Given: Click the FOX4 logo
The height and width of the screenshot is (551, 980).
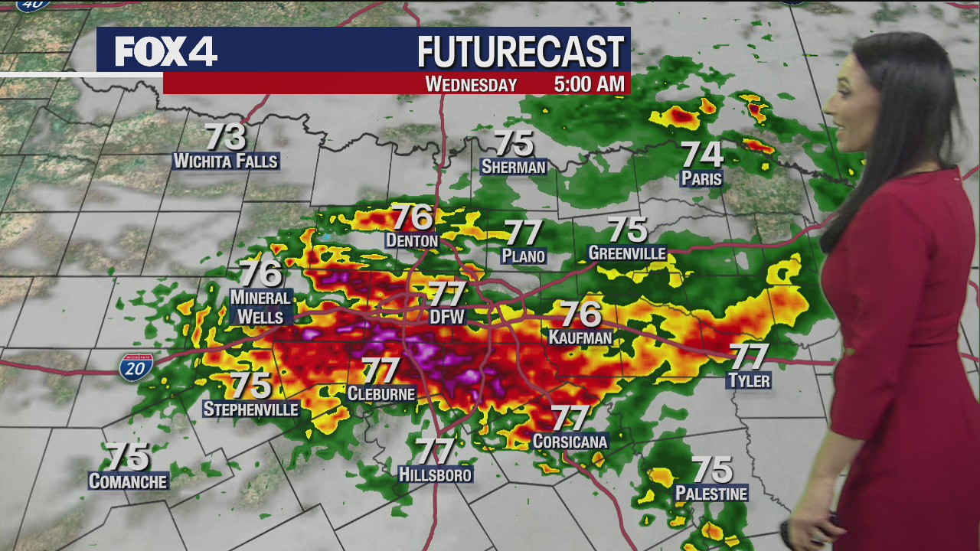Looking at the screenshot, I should [x=165, y=51].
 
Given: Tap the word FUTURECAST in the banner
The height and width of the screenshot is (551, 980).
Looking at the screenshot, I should [x=521, y=52].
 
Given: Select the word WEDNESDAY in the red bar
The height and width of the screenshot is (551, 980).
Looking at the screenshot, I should [x=471, y=83].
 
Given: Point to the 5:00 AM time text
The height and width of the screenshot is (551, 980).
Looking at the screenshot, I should [x=589, y=83].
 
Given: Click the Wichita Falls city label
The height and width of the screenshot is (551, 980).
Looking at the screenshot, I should [x=226, y=161].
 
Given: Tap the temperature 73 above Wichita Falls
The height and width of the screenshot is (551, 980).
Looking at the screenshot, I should [x=226, y=138].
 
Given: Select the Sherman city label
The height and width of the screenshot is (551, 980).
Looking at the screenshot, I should [x=514, y=167].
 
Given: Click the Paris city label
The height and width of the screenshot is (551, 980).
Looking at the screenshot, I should [x=701, y=179].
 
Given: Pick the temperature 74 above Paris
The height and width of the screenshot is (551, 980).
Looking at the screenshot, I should [x=702, y=155].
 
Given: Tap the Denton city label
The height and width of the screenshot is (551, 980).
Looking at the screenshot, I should [x=412, y=241].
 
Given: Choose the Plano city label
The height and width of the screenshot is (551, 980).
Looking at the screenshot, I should [x=524, y=256].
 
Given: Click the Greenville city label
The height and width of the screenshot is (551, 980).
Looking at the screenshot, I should [x=627, y=253].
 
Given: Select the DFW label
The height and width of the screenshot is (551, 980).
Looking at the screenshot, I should [x=447, y=315].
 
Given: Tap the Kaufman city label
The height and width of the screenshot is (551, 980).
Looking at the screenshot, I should [x=580, y=337].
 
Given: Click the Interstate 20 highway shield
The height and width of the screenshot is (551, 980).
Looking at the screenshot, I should [x=136, y=368].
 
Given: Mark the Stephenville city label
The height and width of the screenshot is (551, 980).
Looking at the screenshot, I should [x=250, y=409].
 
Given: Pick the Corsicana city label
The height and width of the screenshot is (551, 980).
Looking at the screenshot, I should [x=570, y=442].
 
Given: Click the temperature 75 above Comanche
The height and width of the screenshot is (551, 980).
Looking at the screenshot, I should [x=127, y=457].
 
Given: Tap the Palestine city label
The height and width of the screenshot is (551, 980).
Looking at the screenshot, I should [x=711, y=494].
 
